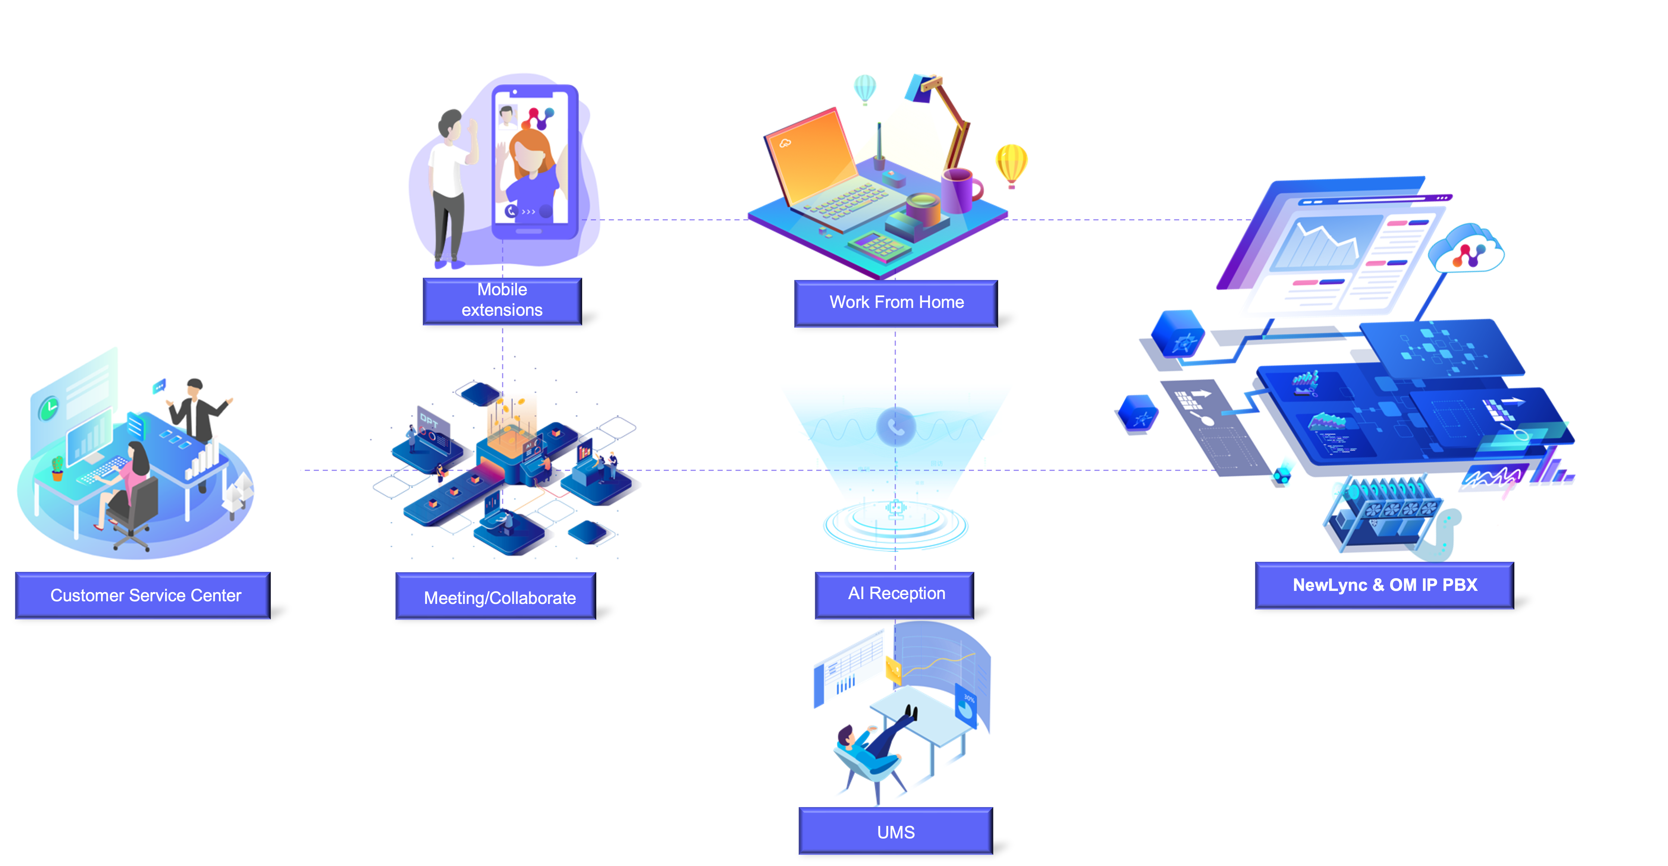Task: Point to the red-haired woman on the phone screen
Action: (x=531, y=162)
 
